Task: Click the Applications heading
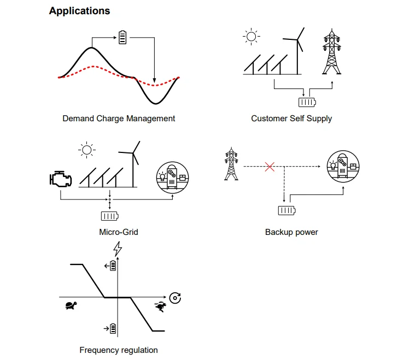[79, 11]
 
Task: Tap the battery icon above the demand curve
[122, 38]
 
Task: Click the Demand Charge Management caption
[119, 118]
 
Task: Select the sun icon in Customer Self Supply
[251, 37]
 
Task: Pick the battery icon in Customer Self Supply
[307, 102]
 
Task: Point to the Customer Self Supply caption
[291, 118]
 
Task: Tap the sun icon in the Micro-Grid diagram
[86, 150]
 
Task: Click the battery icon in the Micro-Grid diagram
[110, 216]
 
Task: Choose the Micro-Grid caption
[119, 232]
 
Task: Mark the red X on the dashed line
[270, 167]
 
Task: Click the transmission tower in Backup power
[231, 163]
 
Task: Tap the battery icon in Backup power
[286, 210]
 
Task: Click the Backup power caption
[291, 232]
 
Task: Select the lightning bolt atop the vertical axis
[117, 250]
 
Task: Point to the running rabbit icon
[160, 306]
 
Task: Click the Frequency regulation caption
[119, 350]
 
